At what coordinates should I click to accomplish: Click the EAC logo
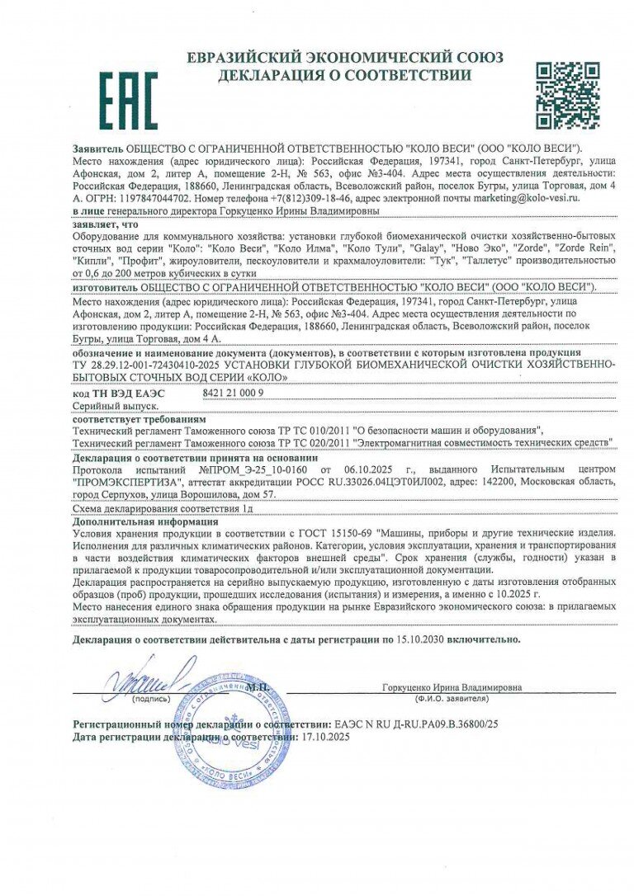[128, 99]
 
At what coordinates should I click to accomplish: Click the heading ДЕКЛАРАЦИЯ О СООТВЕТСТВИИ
[345, 75]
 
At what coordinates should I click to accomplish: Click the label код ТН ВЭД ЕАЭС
[119, 393]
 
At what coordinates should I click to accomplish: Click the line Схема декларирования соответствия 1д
[163, 510]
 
